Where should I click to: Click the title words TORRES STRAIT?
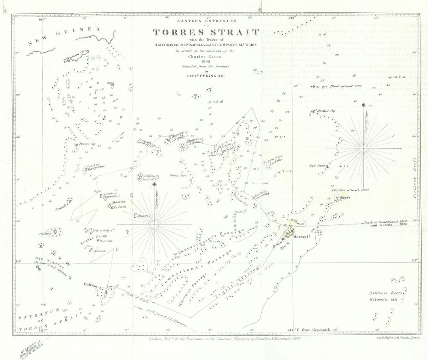pos(206,33)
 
